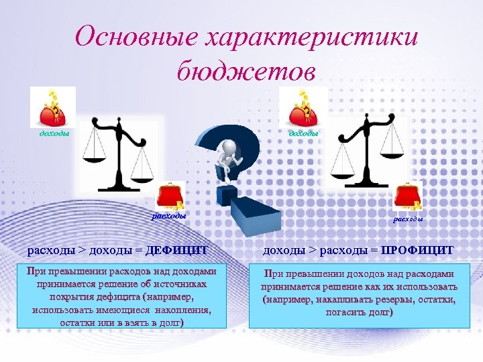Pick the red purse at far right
pyautogui.click(x=408, y=197)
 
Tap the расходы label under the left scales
pyautogui.click(x=168, y=216)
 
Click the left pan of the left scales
pyautogui.click(x=94, y=158)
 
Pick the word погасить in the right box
pyautogui.click(x=343, y=312)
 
